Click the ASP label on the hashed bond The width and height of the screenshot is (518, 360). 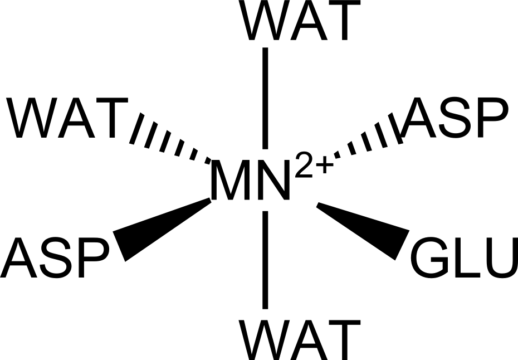pos(457,118)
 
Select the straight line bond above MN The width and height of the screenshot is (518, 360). pos(266,98)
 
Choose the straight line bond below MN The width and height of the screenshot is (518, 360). pos(266,259)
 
